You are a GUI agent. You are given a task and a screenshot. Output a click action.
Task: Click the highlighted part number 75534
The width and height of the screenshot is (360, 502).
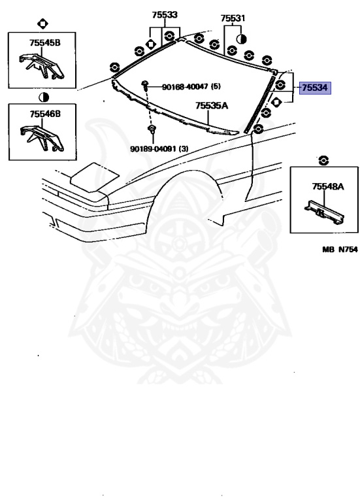pos(315,88)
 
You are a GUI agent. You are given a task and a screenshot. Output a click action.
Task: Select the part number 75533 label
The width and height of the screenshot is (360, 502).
pos(165,15)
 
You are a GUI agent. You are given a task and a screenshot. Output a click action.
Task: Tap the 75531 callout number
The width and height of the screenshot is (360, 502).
pos(233,18)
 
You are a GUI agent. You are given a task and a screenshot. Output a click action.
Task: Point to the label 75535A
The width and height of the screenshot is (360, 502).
pos(212,105)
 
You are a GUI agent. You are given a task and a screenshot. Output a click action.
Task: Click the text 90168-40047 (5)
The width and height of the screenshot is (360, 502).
pos(191,86)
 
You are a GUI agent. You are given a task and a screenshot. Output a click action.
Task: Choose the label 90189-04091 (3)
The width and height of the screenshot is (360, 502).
pos(159,148)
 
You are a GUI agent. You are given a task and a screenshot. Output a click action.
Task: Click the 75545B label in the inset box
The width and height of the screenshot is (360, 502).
pos(45,42)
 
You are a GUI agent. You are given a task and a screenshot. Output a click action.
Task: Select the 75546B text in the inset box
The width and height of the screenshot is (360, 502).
pos(45,114)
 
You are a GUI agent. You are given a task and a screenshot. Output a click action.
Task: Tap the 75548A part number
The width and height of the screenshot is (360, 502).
pos(328,186)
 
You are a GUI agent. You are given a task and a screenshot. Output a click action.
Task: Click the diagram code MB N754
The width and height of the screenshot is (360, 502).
pos(340,250)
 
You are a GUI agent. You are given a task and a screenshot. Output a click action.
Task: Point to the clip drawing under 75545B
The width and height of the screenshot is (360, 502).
pos(42,66)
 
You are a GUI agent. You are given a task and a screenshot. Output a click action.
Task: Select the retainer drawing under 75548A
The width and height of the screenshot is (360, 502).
pos(324,212)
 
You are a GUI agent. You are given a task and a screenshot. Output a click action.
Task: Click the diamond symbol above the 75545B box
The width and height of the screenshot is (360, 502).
pos(42,24)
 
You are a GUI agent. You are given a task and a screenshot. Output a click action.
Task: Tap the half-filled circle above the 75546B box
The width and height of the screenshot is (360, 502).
pos(43,97)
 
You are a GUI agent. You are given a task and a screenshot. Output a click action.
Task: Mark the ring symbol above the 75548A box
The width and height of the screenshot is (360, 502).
pos(323,160)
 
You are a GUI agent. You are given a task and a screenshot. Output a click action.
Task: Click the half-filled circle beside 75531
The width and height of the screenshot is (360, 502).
pos(242,39)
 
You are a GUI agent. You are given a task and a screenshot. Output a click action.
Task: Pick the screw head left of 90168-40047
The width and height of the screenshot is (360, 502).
pos(144,84)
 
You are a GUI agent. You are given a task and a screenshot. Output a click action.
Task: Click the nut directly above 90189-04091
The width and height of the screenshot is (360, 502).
pos(152,129)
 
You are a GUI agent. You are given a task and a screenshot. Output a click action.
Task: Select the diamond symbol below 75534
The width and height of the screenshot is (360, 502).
pos(276,102)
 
